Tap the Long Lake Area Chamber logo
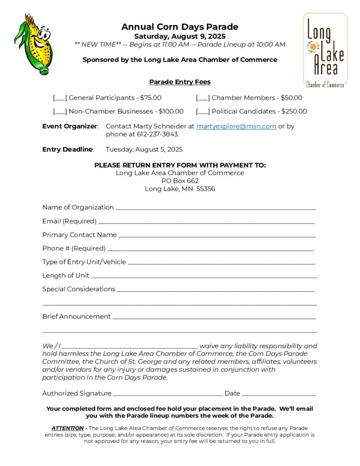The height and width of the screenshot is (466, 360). pyautogui.click(x=325, y=50)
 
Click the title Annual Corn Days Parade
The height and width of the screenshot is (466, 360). pyautogui.click(x=180, y=27)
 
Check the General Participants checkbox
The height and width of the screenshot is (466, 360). pyautogui.click(x=60, y=98)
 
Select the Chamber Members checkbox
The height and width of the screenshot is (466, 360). pyautogui.click(x=203, y=98)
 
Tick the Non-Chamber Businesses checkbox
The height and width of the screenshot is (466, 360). pyautogui.click(x=60, y=111)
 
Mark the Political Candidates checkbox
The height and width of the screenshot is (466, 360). pyautogui.click(x=203, y=111)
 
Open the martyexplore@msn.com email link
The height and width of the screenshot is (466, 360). pyautogui.click(x=236, y=127)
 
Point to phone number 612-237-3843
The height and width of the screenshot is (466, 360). pyautogui.click(x=157, y=135)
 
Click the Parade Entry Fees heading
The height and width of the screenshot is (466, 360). pyautogui.click(x=180, y=82)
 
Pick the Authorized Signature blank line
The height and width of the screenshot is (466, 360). pyautogui.click(x=168, y=394)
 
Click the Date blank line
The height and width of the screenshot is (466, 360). pyautogui.click(x=279, y=394)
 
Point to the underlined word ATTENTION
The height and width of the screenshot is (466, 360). pyautogui.click(x=67, y=428)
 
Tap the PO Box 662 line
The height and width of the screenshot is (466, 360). pyautogui.click(x=180, y=181)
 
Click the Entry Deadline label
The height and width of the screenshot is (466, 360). pyautogui.click(x=68, y=149)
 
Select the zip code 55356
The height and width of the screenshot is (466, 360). pyautogui.click(x=206, y=189)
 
